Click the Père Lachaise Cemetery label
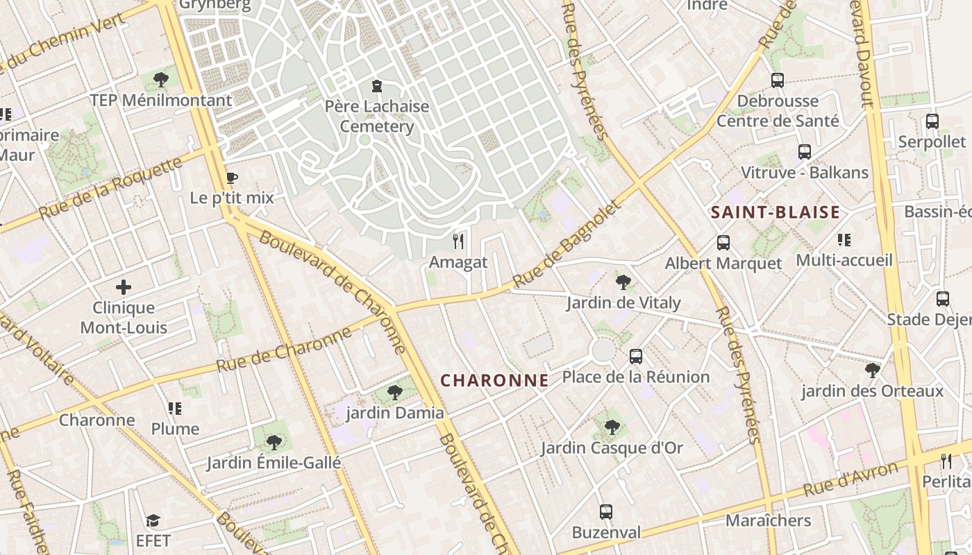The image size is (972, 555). click(x=377, y=117)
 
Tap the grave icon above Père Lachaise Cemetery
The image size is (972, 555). click(x=377, y=86)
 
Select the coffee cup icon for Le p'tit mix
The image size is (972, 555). click(x=232, y=178)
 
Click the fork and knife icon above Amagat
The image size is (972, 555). click(x=458, y=241)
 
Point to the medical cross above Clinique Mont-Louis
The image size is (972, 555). click(x=124, y=287)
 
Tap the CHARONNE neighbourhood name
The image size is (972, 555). click(x=494, y=380)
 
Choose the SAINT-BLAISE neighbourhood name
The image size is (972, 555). click(x=776, y=212)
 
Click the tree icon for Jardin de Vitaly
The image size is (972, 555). click(x=623, y=282)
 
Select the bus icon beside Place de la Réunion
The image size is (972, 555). click(x=635, y=357)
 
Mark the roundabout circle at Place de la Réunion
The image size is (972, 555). click(x=603, y=350)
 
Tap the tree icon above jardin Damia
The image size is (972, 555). click(x=394, y=393)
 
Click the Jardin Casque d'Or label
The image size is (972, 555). click(x=612, y=448)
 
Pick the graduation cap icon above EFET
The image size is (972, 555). click(x=153, y=520)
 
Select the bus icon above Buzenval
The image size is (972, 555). click(x=606, y=512)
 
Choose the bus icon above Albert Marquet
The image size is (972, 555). click(x=723, y=243)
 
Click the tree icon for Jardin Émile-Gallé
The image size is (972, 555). click(x=274, y=442)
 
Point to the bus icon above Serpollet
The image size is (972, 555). click(x=932, y=121)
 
